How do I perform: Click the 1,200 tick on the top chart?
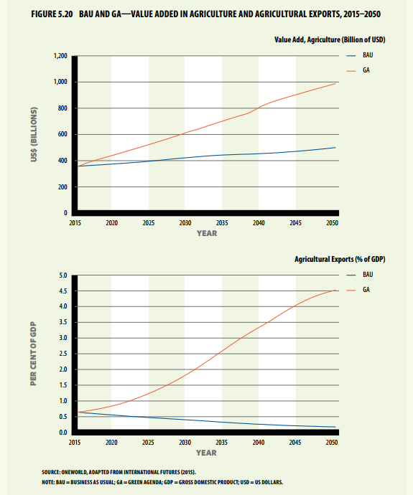coord(60,56)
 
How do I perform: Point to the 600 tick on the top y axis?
coord(62,134)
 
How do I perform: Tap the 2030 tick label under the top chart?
coord(185,223)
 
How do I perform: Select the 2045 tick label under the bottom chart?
coord(295,443)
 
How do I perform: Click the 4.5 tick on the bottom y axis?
coord(63,291)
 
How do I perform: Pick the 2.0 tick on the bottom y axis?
coord(63,369)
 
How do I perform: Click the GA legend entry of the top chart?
coord(358,70)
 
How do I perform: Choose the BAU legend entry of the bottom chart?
coord(360,275)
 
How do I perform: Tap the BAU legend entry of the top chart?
coord(360,55)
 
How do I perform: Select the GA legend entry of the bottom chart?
coord(358,290)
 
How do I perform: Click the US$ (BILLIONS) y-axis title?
coord(34,134)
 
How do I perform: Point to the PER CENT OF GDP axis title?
coord(34,354)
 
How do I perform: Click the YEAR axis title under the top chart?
coord(207,233)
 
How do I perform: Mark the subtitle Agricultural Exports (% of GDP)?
coord(340,259)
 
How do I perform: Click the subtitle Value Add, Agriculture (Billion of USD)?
coord(330,39)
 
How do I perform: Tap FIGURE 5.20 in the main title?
coord(52,14)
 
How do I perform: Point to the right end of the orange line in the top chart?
coord(335,83)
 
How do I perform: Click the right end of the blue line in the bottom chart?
coord(335,427)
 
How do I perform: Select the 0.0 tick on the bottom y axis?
coord(63,433)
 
